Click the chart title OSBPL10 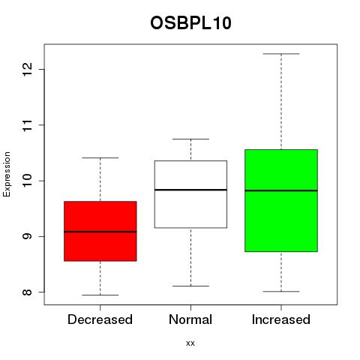(190, 23)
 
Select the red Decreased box (100, 231)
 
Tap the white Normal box (190, 194)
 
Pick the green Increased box (281, 200)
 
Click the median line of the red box (100, 232)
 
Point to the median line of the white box (190, 190)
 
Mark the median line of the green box (281, 190)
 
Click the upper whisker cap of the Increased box (281, 54)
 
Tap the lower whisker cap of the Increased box (281, 292)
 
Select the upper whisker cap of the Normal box (190, 139)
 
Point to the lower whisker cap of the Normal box (190, 286)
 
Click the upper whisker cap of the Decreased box (100, 158)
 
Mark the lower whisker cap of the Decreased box (100, 295)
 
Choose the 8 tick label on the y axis (27, 292)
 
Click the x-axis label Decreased (100, 319)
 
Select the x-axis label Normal (190, 319)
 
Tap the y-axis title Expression (7, 174)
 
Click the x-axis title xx (190, 343)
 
